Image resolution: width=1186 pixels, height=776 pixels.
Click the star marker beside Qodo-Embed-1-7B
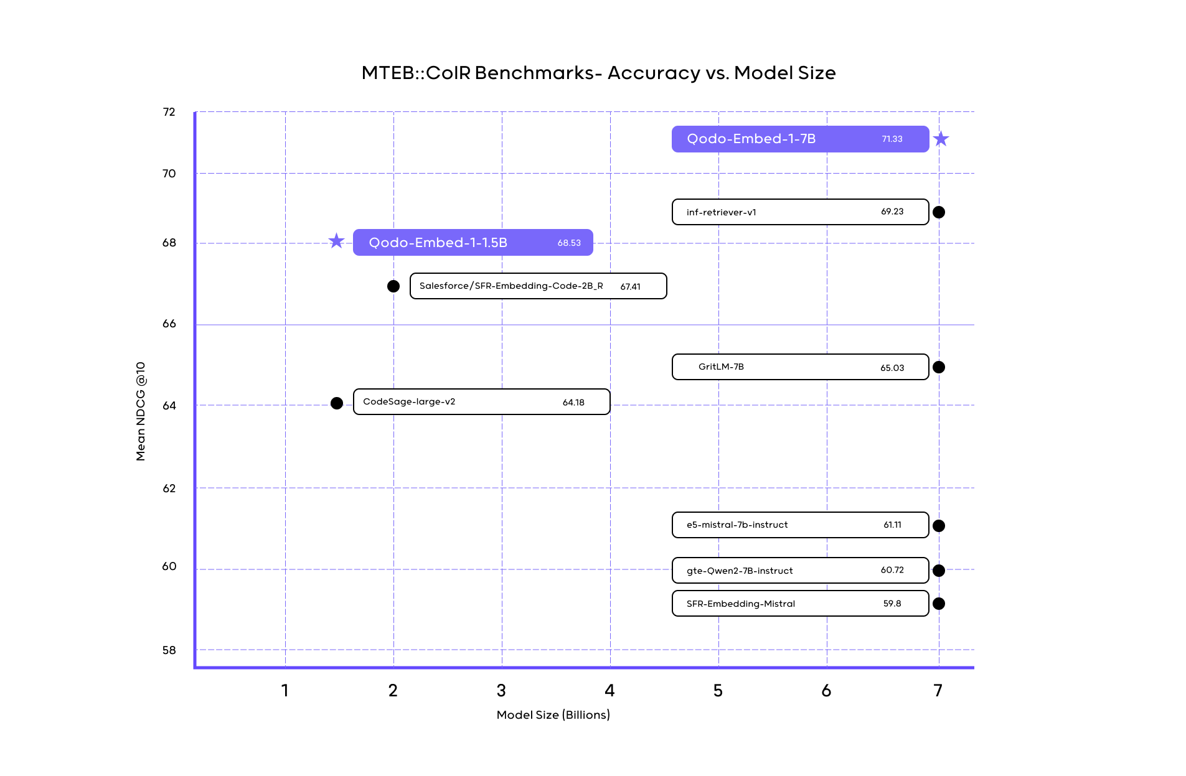pos(941,139)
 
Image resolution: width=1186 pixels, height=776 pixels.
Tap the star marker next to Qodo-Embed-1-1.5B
pos(336,241)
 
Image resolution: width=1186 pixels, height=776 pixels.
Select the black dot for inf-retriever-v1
pos(939,212)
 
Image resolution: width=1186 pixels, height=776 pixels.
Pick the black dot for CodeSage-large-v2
pos(337,403)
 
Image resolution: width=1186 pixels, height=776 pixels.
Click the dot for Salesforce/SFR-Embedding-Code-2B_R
pos(393,286)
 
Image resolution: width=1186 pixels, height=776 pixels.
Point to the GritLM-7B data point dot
pos(939,367)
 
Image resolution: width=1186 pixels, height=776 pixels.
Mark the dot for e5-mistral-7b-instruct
pos(939,526)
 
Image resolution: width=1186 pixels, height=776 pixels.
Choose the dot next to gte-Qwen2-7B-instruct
pos(939,571)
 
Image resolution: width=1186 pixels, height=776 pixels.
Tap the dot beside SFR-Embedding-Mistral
pos(939,604)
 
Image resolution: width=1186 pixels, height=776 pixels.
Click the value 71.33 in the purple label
pos(892,139)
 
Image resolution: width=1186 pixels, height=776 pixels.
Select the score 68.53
pos(569,243)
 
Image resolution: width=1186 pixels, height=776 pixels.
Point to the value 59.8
pos(892,604)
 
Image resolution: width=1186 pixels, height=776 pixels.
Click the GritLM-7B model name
pos(721,367)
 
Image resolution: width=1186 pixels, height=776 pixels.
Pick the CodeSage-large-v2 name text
pos(409,402)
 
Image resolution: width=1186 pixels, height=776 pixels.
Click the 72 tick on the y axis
pos(169,112)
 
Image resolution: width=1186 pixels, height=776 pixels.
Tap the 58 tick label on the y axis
pos(169,650)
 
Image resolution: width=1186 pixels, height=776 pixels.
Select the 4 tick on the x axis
pos(609,690)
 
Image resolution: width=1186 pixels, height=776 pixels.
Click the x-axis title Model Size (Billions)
pos(553,715)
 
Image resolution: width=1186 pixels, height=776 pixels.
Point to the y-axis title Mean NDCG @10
pos(141,411)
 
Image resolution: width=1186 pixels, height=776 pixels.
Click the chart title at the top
pos(599,73)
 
